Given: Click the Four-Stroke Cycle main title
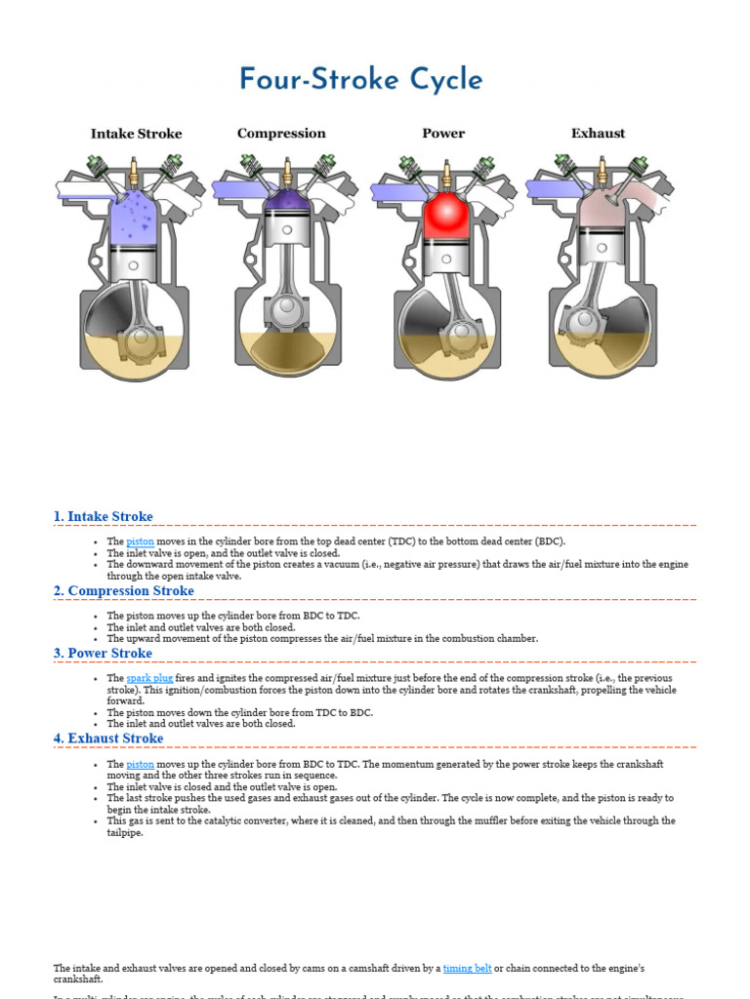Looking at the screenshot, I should (360, 80).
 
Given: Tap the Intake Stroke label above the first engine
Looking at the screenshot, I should (136, 134).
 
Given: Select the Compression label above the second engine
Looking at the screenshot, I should (281, 134).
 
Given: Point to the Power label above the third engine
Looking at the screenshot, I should (443, 134).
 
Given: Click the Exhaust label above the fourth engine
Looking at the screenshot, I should (598, 134).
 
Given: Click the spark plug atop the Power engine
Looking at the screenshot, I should (446, 176).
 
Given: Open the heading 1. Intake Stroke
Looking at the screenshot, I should (104, 516).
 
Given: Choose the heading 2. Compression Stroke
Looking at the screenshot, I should (123, 590).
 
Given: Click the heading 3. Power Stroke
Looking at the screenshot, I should (103, 653).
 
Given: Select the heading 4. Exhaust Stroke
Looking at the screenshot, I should (108, 739).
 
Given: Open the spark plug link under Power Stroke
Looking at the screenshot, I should (149, 678).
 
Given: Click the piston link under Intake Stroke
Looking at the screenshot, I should (140, 541).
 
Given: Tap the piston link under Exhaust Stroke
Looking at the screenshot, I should (140, 764).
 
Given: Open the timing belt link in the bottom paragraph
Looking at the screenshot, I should (467, 968).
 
